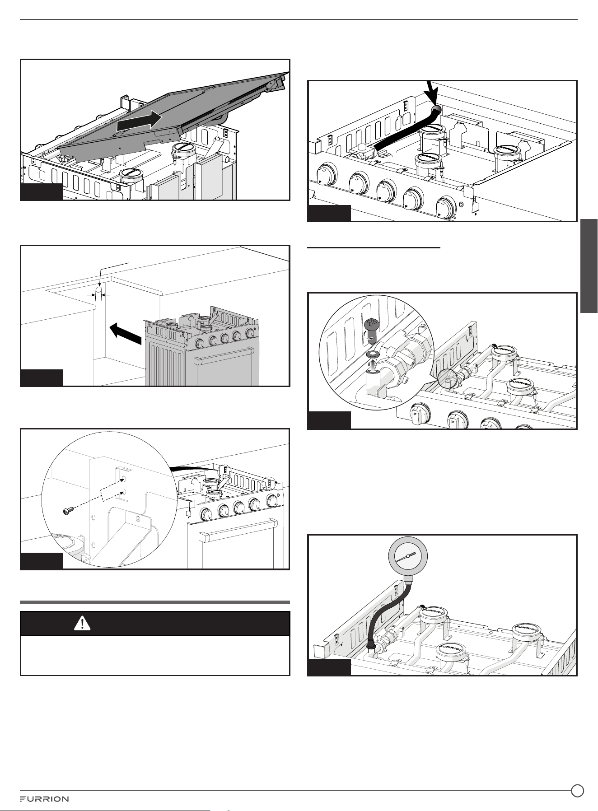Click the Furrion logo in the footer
tap(44, 799)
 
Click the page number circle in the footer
tap(577, 790)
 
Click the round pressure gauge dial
tap(408, 558)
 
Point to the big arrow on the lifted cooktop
tap(139, 121)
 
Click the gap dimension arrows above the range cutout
tap(98, 294)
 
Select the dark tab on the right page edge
tap(589, 266)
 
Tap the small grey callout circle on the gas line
tap(446, 378)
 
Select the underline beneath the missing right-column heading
tap(374, 247)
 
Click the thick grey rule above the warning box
tap(155, 602)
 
